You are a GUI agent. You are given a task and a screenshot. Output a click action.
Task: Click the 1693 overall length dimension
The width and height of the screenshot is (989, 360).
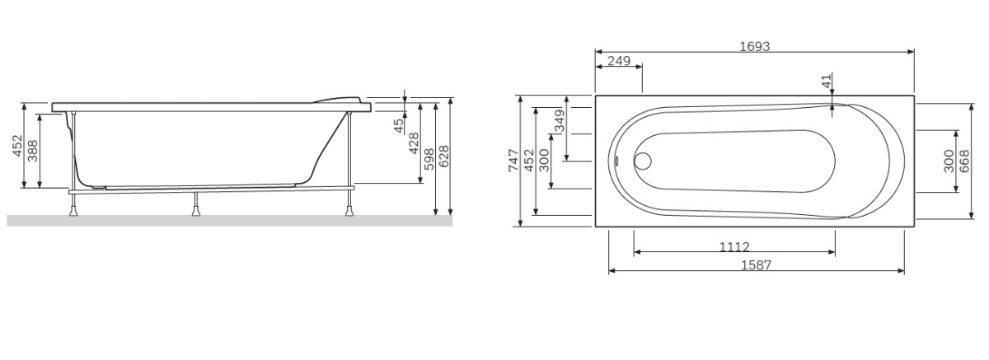tap(754, 46)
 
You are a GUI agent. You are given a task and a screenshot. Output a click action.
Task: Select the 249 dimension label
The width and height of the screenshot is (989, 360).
tap(619, 62)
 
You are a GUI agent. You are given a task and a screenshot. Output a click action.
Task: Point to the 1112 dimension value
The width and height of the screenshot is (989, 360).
tap(734, 247)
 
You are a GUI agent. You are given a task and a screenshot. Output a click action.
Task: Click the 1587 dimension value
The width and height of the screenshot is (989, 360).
tap(756, 265)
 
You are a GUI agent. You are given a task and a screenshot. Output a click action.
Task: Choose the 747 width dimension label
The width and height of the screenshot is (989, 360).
tap(513, 161)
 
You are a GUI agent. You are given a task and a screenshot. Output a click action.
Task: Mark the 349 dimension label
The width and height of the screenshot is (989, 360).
tap(560, 123)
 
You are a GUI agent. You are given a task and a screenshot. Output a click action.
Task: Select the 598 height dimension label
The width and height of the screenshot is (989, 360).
tap(429, 159)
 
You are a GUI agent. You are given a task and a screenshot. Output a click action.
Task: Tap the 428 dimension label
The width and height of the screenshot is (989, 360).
tap(414, 143)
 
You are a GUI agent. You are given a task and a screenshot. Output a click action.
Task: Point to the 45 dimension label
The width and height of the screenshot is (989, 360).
tap(400, 125)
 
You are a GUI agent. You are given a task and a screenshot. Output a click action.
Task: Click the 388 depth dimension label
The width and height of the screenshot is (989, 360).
tap(33, 150)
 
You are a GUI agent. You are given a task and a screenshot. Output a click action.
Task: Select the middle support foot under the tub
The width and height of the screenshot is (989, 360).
tap(196, 208)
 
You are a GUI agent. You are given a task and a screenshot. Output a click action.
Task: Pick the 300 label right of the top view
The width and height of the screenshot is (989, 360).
tap(948, 161)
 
